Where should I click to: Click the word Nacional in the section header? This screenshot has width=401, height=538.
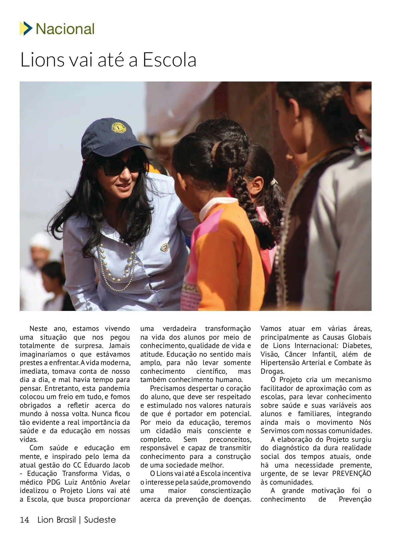(x=65, y=29)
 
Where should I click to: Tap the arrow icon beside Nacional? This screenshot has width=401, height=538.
(x=26, y=28)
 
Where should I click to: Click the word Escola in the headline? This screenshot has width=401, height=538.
(x=169, y=60)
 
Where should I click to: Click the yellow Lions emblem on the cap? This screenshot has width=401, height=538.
(x=117, y=128)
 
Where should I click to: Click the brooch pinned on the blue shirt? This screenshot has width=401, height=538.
(x=165, y=247)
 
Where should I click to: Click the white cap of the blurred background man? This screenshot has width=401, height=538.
(x=40, y=239)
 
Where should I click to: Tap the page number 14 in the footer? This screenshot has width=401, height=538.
(x=24, y=520)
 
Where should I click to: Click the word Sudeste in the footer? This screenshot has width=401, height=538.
(x=100, y=520)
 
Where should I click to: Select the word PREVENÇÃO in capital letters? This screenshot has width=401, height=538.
(x=352, y=474)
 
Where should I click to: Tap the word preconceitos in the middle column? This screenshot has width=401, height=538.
(x=230, y=439)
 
